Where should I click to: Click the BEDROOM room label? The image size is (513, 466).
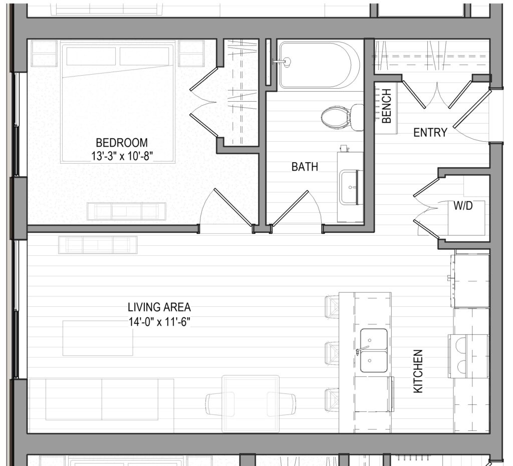tap(122, 143)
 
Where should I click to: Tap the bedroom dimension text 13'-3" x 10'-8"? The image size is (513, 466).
tap(122, 156)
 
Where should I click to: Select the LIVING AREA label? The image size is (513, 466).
tap(159, 307)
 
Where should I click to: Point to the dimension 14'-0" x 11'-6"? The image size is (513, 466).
tap(159, 322)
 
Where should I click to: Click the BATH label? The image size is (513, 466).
tap(305, 167)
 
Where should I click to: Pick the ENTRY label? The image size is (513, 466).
tap(430, 132)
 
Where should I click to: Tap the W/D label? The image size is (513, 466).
tap(463, 206)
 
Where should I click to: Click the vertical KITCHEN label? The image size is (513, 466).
tap(418, 371)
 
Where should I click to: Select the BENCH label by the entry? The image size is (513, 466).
tap(386, 106)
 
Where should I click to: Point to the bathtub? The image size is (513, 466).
tap(319, 65)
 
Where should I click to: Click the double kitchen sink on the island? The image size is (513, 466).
tap(374, 350)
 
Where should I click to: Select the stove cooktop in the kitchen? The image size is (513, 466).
tap(468, 356)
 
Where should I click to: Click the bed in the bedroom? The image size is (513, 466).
tap(118, 101)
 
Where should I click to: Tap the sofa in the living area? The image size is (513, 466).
tap(102, 399)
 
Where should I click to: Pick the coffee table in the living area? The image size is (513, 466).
tap(98, 338)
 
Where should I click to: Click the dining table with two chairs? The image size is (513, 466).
tap(250, 404)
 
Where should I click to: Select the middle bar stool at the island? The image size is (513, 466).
tap(332, 352)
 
